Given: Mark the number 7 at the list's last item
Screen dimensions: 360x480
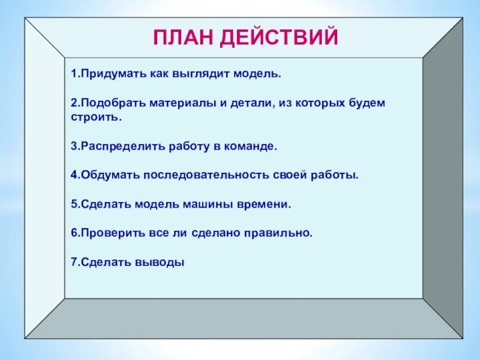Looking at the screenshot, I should click(73, 262).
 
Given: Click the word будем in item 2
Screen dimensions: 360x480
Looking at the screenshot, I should click(368, 103).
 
